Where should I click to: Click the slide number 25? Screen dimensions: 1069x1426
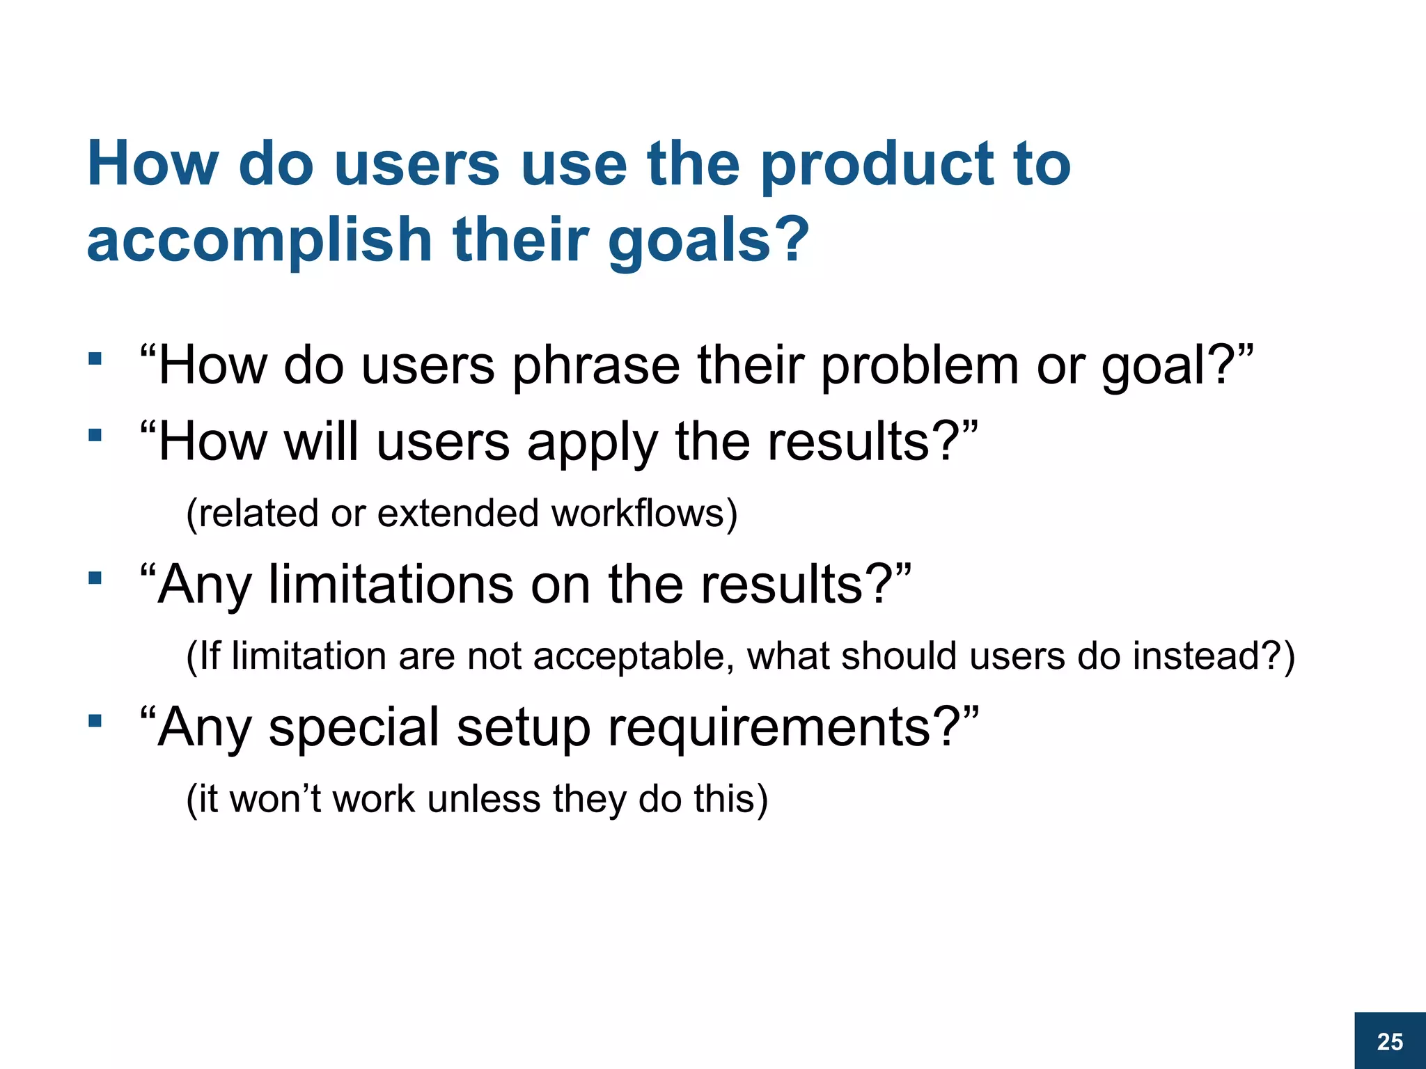pos(1390,1042)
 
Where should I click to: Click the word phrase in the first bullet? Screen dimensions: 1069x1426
pos(596,366)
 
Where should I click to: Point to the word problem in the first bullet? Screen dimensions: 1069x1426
pos(919,366)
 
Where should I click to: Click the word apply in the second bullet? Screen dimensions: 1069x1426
pos(592,443)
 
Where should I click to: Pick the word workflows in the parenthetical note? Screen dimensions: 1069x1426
pos(644,513)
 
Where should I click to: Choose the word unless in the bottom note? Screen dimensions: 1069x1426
pos(484,798)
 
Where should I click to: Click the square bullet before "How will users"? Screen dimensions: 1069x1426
pos(95,436)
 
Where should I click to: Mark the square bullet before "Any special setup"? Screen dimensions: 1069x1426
pos(95,720)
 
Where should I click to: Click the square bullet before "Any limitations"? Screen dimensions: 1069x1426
pos(95,578)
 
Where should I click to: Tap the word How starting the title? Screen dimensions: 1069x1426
pos(152,165)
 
